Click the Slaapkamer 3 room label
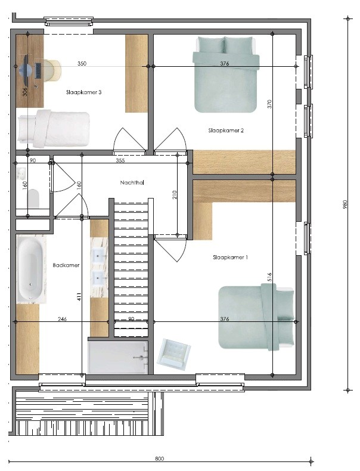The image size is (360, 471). (84, 92)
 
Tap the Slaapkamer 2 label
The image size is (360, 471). (226, 131)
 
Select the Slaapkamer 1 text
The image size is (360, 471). (230, 258)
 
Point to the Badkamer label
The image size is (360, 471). (66, 265)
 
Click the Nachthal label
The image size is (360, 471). (132, 182)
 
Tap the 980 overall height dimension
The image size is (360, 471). (345, 204)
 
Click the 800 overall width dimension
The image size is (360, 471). (159, 458)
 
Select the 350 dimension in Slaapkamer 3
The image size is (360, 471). (82, 63)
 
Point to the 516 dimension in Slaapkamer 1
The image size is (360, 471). (269, 277)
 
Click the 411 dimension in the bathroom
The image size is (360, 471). (79, 297)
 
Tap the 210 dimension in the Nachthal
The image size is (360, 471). (175, 194)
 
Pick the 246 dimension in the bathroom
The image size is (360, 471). (62, 319)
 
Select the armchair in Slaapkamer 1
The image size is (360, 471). (174, 353)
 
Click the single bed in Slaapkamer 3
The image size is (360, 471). (54, 129)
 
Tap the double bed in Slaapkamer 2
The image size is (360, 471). (225, 74)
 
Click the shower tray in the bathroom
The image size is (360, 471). (117, 358)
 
